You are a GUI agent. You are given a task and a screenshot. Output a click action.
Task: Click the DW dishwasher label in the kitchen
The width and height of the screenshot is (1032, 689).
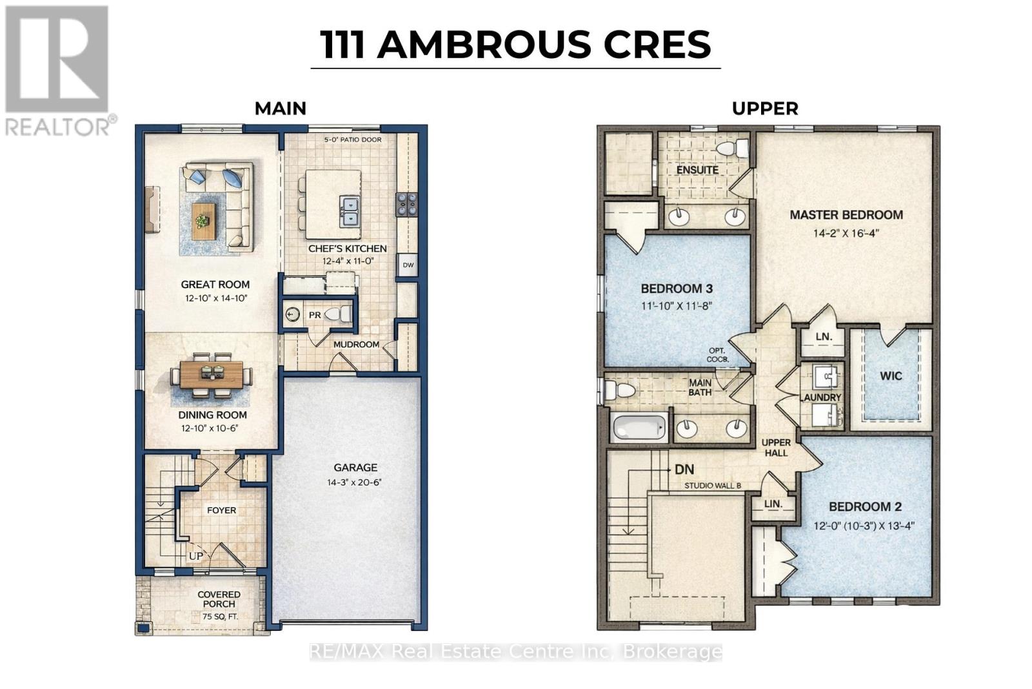click(408, 265)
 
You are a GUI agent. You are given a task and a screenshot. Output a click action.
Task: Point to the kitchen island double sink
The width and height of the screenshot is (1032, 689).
click(350, 211)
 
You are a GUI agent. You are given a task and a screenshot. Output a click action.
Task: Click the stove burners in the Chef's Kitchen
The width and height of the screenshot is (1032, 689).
click(406, 203)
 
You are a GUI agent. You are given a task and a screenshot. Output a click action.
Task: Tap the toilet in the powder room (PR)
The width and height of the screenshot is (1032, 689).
click(338, 314)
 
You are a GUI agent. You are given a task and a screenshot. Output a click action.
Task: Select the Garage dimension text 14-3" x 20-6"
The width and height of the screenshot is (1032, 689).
click(355, 482)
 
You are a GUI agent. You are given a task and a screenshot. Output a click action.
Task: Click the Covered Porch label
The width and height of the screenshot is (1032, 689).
click(219, 599)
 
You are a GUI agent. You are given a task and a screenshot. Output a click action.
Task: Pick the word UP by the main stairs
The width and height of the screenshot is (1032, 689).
click(195, 555)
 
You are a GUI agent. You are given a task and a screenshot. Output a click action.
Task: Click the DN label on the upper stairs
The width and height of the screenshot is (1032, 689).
click(684, 469)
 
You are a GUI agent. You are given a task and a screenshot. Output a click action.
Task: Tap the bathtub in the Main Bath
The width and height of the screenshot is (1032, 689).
click(639, 427)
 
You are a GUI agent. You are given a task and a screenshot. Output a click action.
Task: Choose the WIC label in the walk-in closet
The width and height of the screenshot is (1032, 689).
click(891, 376)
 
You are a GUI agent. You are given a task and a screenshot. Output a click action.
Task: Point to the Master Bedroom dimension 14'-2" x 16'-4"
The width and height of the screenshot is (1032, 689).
click(846, 233)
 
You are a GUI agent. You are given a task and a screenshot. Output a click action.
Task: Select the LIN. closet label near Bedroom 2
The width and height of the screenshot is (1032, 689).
click(773, 504)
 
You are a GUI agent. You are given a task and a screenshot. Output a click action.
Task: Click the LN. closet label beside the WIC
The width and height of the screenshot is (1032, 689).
click(824, 336)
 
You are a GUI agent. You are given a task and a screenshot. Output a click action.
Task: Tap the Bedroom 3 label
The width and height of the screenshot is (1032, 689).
click(676, 289)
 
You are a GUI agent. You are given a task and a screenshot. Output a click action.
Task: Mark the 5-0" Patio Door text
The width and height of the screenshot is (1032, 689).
click(352, 139)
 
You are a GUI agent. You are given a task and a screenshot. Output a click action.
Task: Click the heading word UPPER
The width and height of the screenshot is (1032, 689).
click(765, 108)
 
